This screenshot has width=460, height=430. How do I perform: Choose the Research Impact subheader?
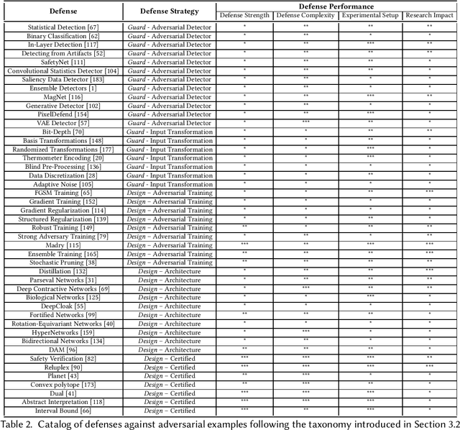[x=429, y=15]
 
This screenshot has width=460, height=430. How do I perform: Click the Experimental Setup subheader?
[x=370, y=15]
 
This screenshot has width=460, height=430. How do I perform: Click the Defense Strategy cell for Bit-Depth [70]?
[x=169, y=131]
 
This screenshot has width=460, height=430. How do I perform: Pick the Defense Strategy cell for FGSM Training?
[x=169, y=192]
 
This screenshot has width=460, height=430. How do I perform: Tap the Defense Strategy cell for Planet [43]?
[x=169, y=375]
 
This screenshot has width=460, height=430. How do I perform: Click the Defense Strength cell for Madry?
[x=244, y=244]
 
